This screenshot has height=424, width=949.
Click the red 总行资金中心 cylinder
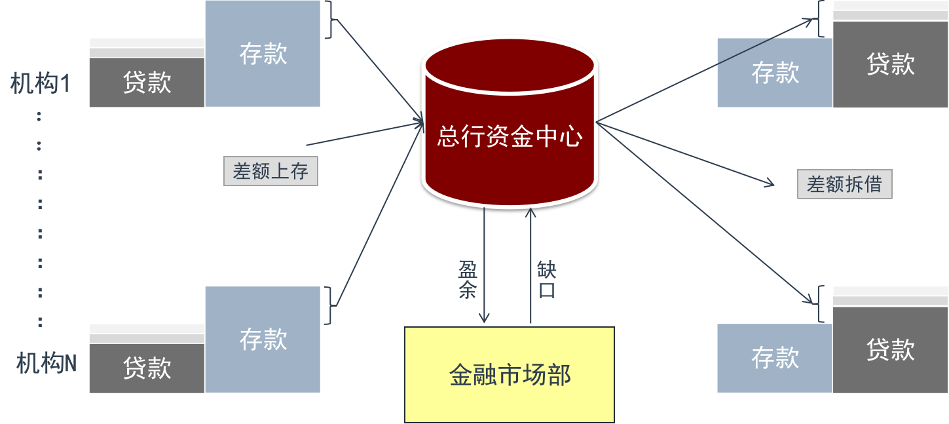pos(509,125)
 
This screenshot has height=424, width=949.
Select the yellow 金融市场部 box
pos(510,374)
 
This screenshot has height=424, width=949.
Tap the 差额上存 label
pos(270,171)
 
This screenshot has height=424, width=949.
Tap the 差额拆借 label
pos(844,184)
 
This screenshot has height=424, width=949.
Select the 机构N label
pos(46,364)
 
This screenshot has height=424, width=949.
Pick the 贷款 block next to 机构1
pos(147,82)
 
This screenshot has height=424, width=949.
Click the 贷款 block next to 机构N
pos(147,368)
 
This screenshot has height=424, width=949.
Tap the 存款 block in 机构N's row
pos(263,339)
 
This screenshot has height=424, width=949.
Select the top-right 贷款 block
pos(890,64)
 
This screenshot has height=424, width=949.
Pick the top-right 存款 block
pos(775,73)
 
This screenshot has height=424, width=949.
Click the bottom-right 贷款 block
pos(890,349)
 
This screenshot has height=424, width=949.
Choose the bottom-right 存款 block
pos(775,358)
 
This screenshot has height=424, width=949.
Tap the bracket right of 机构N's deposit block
pos(330,305)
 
